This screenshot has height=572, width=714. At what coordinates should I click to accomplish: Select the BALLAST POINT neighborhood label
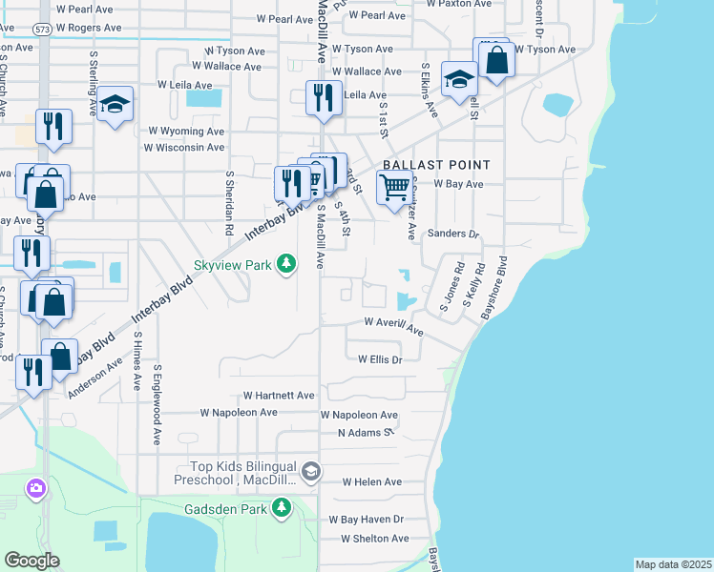click(436, 165)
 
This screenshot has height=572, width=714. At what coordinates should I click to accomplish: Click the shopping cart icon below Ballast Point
click(394, 188)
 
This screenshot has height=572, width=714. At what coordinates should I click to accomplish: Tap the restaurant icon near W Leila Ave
click(323, 98)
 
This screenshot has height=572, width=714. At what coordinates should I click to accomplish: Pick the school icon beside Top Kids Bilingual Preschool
click(310, 471)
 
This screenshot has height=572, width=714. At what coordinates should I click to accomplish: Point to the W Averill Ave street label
click(393, 325)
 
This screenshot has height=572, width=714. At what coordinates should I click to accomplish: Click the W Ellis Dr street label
click(381, 359)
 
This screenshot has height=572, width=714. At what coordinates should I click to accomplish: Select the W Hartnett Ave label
click(279, 395)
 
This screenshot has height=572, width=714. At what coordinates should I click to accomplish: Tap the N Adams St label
click(367, 432)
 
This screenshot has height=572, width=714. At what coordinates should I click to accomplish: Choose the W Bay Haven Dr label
click(367, 520)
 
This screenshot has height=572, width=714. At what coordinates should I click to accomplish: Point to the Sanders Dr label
click(452, 234)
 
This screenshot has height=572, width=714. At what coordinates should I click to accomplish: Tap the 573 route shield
click(41, 31)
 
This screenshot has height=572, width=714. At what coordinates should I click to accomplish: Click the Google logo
click(31, 561)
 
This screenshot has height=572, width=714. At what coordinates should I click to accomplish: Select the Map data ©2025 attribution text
click(674, 564)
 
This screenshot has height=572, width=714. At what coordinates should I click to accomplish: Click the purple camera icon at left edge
click(36, 489)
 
